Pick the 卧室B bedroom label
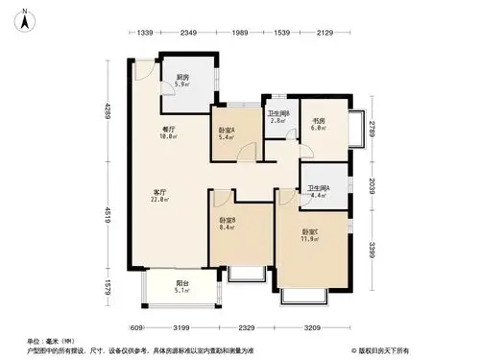tap(228, 224)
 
